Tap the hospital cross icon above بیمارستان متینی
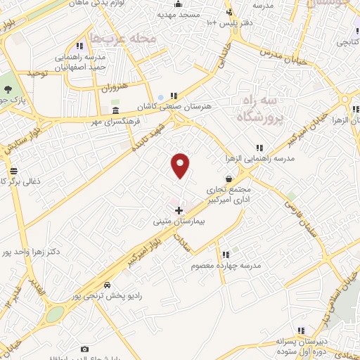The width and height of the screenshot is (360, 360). (x=179, y=210)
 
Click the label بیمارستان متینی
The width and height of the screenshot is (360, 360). (x=179, y=221)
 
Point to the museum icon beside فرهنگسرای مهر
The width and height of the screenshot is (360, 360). (x=115, y=111)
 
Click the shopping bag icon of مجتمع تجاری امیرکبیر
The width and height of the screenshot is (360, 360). (x=229, y=179)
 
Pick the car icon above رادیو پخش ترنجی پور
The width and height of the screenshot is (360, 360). (x=106, y=285)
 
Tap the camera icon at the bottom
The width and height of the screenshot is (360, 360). (x=85, y=349)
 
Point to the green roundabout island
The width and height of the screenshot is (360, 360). (x=54, y=314)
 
